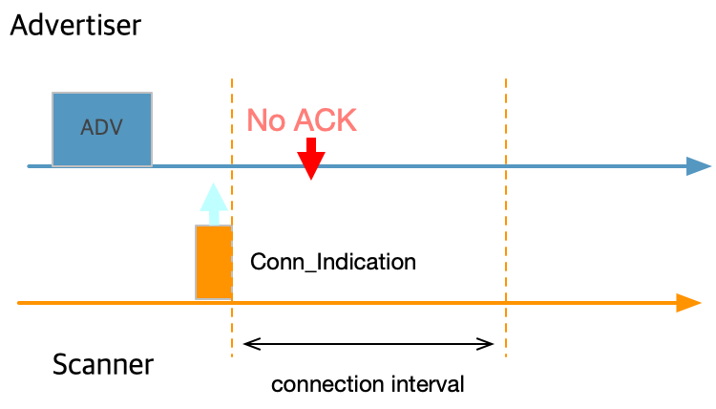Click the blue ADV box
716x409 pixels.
(x=102, y=128)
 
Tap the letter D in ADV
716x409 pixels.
(x=101, y=127)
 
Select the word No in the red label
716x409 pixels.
(x=265, y=120)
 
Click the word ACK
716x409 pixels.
(x=325, y=120)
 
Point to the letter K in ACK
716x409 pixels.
(x=347, y=120)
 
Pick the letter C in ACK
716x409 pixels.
(x=326, y=120)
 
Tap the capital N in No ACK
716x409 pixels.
(x=257, y=120)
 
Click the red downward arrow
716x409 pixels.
(x=311, y=160)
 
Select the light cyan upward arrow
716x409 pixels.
(x=214, y=203)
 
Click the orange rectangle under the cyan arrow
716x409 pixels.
(x=214, y=262)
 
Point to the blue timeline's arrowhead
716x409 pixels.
(x=700, y=166)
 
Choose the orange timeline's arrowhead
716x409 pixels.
(x=689, y=303)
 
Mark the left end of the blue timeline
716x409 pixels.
(x=29, y=166)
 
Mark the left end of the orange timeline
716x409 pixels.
(x=19, y=303)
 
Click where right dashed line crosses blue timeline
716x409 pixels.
(x=506, y=166)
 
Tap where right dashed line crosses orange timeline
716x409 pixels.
(x=506, y=303)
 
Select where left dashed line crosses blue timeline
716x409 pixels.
(x=232, y=166)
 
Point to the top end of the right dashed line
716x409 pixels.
(x=506, y=80)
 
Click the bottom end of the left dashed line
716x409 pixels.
(x=232, y=355)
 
